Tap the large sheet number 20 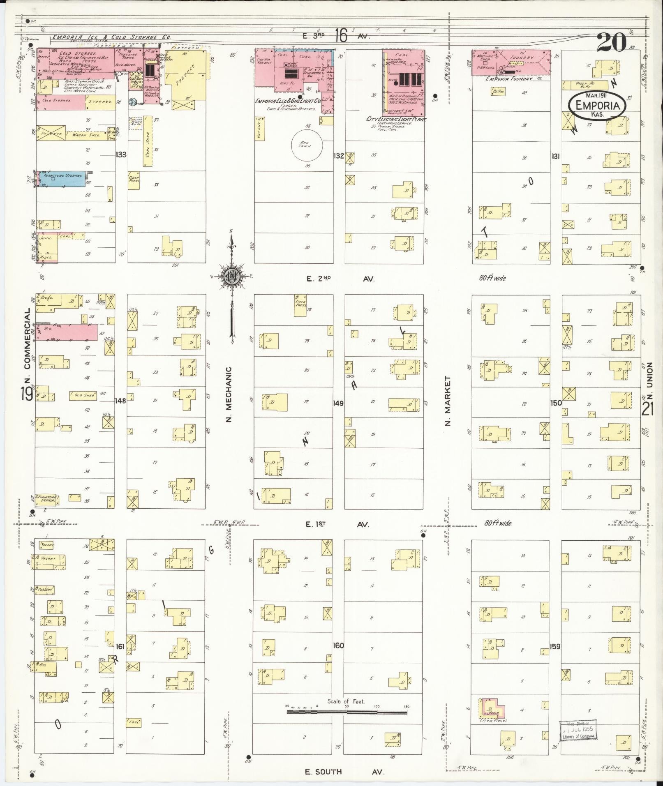[611, 42]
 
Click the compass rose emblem [231, 277]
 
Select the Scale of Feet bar [348, 710]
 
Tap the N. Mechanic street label [229, 394]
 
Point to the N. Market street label [448, 401]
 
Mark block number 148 [120, 401]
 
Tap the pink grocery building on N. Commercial [66, 332]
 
